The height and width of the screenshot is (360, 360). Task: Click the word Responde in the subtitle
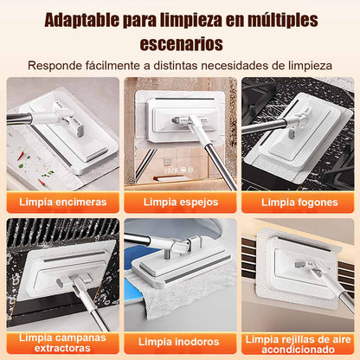click(x=58, y=65)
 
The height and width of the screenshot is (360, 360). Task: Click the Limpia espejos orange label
click(x=180, y=202)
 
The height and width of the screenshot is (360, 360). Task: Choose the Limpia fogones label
click(x=299, y=202)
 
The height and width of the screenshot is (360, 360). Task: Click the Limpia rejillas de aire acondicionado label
click(x=299, y=344)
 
